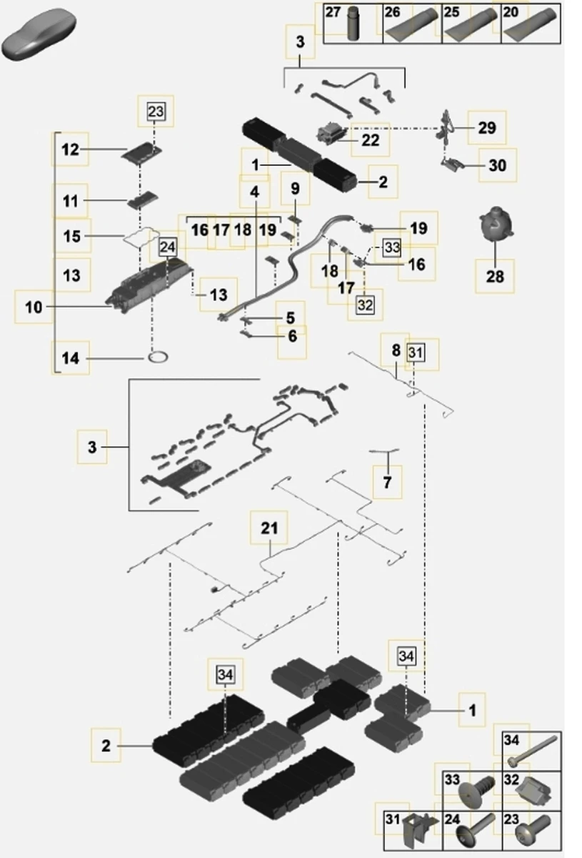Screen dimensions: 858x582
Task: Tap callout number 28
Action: [x=495, y=275]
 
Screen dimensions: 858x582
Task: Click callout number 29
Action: [x=487, y=128]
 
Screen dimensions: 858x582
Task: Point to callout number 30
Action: [x=497, y=165]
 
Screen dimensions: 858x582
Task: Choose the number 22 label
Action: [x=370, y=140]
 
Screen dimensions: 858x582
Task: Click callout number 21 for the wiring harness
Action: [x=269, y=529]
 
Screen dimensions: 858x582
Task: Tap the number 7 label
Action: [x=387, y=483]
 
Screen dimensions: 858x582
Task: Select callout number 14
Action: [x=71, y=359]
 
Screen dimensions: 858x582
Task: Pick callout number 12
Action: [x=70, y=150]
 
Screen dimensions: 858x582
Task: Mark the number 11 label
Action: [x=70, y=202]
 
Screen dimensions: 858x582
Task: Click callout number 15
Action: [x=72, y=235]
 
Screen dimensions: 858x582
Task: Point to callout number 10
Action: [x=34, y=307]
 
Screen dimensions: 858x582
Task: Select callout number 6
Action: [x=292, y=335]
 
